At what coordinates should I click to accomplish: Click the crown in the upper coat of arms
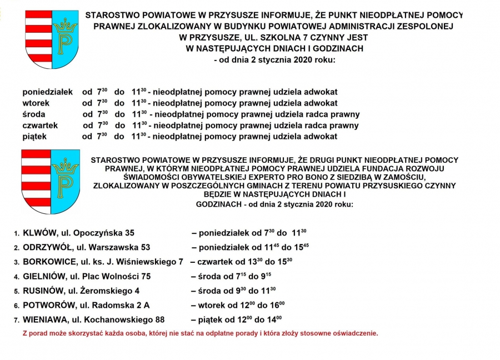pyautogui.click(x=66, y=25)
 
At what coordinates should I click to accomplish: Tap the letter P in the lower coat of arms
pyautogui.click(x=65, y=184)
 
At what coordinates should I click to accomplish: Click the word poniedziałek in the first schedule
pyautogui.click(x=48, y=91)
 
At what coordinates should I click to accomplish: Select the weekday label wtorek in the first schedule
pyautogui.click(x=36, y=103)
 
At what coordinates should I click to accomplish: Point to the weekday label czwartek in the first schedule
pyautogui.click(x=40, y=126)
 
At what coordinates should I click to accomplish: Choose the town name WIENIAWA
pyautogui.click(x=46, y=319)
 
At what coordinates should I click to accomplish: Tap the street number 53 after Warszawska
pyautogui.click(x=144, y=247)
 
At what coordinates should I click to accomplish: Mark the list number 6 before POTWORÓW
pyautogui.click(x=17, y=306)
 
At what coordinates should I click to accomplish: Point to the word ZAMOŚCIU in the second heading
pyautogui.click(x=407, y=177)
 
